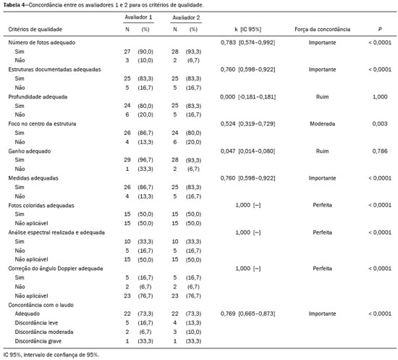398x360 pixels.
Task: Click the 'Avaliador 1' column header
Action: (x=138, y=17)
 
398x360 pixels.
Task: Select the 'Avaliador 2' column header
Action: (x=186, y=17)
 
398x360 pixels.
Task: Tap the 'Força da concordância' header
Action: (x=322, y=29)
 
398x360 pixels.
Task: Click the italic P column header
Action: (x=380, y=29)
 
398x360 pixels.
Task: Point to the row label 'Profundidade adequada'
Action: (x=38, y=97)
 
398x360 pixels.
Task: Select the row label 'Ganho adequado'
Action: (x=30, y=151)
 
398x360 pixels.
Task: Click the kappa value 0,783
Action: (x=228, y=43)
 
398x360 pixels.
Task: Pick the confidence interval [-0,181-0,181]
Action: (x=257, y=97)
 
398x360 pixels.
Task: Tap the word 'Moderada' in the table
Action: (x=322, y=124)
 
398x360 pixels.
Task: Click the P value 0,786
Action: (x=380, y=151)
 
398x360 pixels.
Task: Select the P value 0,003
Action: (x=380, y=124)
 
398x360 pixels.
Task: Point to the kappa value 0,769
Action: (x=228, y=314)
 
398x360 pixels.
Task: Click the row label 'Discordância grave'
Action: (x=38, y=341)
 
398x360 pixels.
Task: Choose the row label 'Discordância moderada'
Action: (x=44, y=332)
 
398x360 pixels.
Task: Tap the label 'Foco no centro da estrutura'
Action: (x=42, y=124)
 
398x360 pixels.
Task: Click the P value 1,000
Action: (x=380, y=97)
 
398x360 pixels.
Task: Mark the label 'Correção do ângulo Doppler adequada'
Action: (x=56, y=269)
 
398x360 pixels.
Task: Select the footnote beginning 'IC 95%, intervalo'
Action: (x=51, y=355)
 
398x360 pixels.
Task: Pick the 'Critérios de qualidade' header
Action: (x=35, y=29)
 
